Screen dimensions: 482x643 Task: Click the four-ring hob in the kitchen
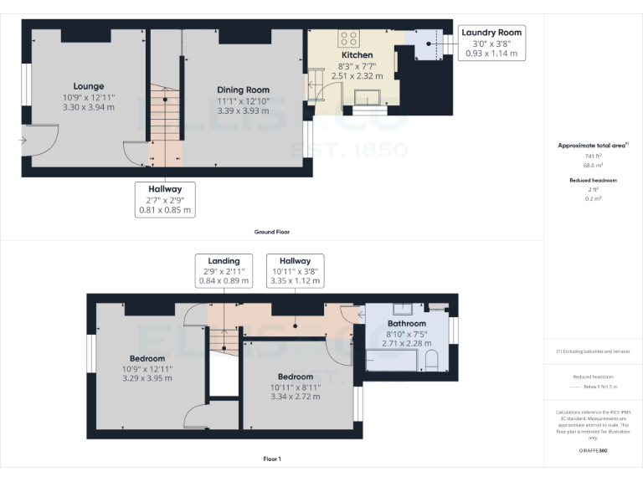tap(348, 38)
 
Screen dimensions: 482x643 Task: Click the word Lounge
tap(88, 86)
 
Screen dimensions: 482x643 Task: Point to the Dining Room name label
tap(243, 90)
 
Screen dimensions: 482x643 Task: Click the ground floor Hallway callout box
tap(166, 199)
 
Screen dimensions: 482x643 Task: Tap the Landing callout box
tap(224, 271)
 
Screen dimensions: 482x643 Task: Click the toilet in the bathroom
tap(431, 361)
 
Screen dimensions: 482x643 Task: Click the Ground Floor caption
tap(271, 231)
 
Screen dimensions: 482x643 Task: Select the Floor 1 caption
tap(271, 459)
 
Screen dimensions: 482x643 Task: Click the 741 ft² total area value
tap(593, 156)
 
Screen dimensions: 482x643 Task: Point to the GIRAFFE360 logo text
tap(593, 451)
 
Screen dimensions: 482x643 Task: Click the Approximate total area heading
tap(593, 146)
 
